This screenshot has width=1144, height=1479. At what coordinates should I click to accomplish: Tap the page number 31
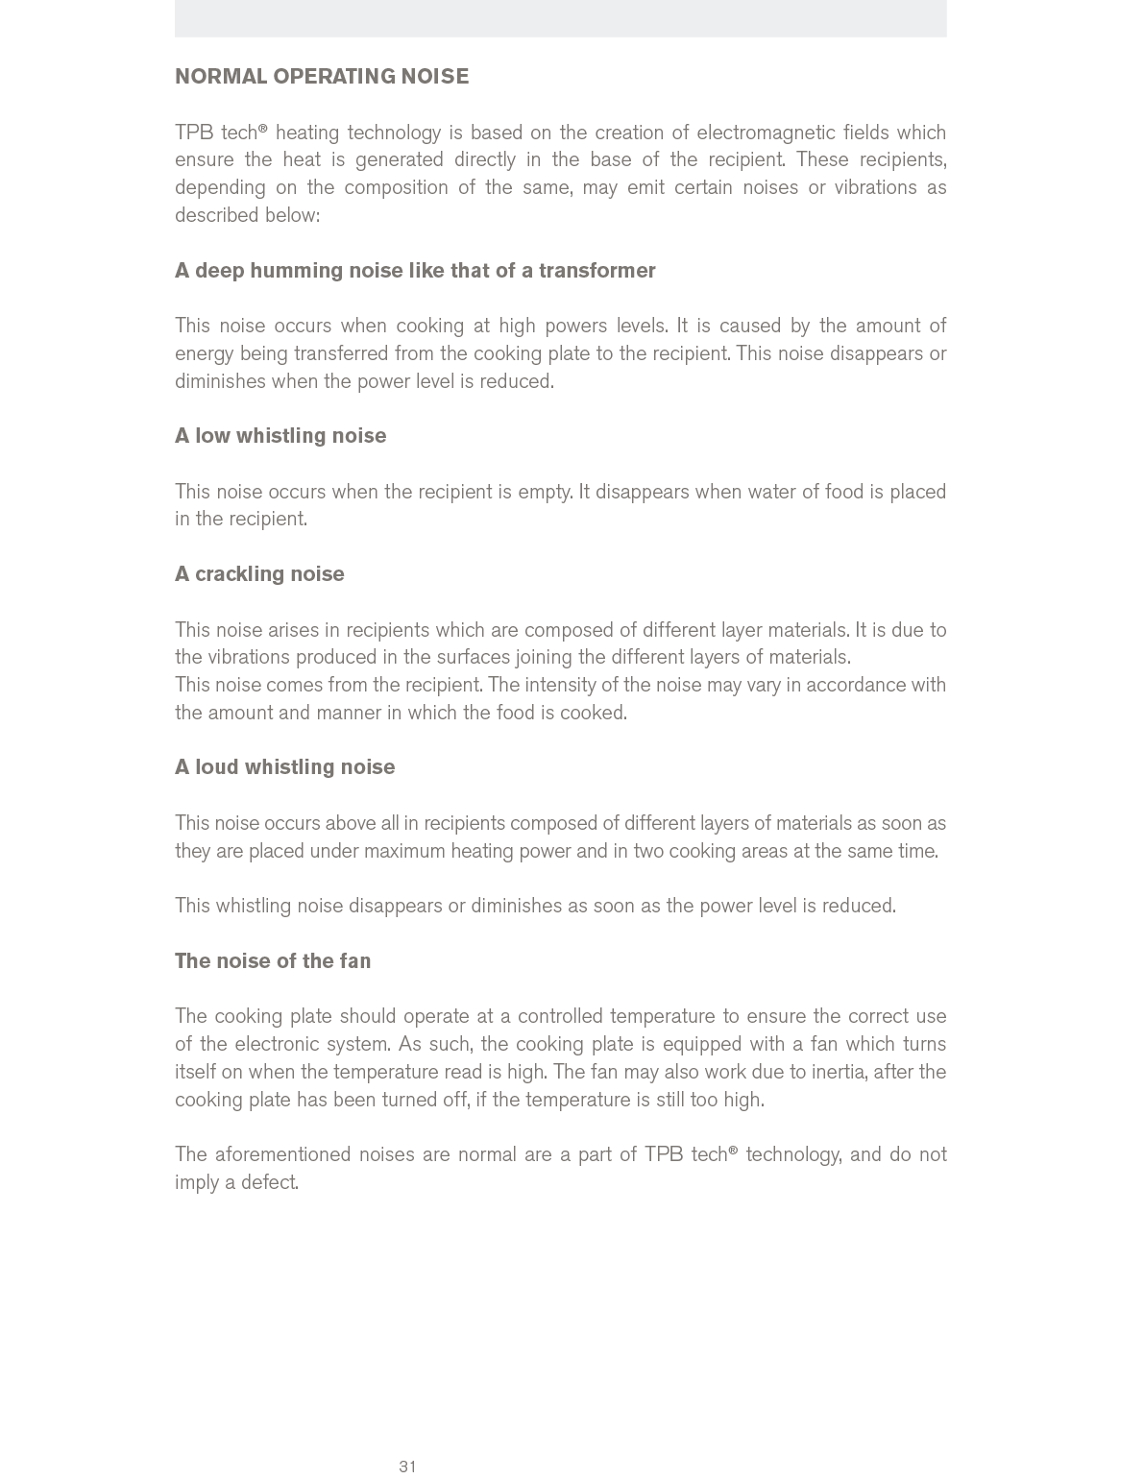point(407,1467)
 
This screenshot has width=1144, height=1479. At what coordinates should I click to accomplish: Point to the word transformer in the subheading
point(596,271)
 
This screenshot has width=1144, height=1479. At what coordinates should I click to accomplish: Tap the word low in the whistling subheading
point(212,436)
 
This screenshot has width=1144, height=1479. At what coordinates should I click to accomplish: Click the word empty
point(545,492)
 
